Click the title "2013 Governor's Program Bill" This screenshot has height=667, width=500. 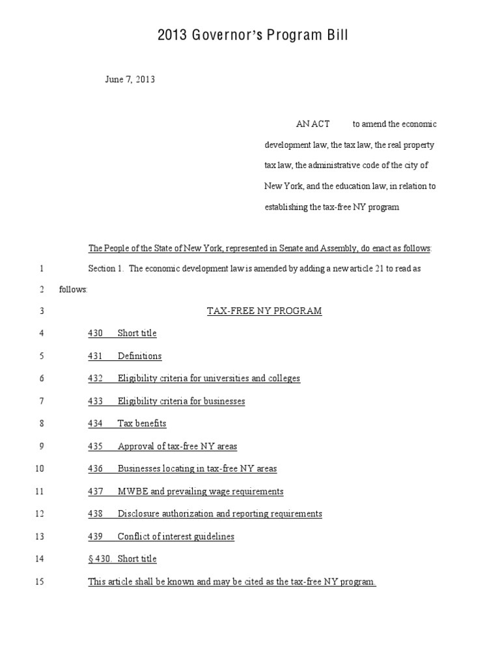click(x=253, y=35)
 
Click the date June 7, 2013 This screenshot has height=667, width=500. click(x=130, y=80)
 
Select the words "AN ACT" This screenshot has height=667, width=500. click(x=312, y=124)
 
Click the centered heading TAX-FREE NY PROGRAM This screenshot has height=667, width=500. click(x=264, y=311)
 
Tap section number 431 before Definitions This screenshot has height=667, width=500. click(x=96, y=356)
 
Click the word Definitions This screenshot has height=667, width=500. click(x=139, y=356)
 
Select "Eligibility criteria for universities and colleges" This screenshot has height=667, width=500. click(x=209, y=378)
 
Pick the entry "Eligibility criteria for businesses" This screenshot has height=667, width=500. click(x=181, y=401)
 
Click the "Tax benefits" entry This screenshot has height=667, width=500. click(x=142, y=423)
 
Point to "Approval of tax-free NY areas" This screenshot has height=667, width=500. click(x=177, y=446)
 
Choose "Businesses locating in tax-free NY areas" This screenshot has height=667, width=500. click(x=197, y=469)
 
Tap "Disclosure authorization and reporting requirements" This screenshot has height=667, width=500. click(x=219, y=514)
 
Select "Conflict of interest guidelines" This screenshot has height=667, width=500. click(x=176, y=537)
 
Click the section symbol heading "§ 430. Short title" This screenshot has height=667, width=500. click(x=122, y=559)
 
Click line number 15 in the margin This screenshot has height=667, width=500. click(x=39, y=582)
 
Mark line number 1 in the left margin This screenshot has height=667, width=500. click(x=41, y=268)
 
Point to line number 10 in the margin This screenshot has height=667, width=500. click(x=39, y=469)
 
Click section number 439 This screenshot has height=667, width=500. click(x=96, y=537)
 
